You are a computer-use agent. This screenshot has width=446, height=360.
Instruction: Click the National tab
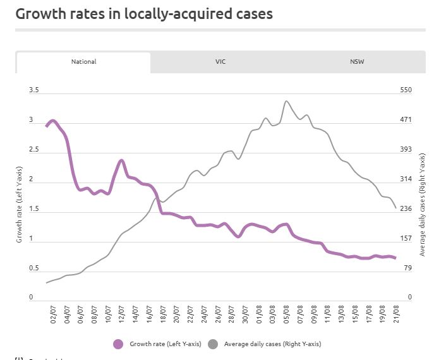(83, 62)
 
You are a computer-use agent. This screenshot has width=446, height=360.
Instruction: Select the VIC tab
(220, 62)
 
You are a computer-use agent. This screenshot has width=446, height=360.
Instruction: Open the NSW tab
(357, 62)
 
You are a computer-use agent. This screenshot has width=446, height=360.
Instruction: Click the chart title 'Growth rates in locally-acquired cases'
(144, 13)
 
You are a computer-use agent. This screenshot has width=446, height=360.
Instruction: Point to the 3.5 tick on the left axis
(33, 90)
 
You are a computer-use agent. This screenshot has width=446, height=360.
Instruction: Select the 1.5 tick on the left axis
(33, 209)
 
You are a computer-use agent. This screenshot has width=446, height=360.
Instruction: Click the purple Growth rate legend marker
(118, 344)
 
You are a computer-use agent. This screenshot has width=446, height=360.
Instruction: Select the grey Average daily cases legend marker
(212, 344)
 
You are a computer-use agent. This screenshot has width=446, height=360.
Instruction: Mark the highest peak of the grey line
(286, 101)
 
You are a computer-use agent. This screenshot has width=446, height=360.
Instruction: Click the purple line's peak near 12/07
(121, 161)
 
